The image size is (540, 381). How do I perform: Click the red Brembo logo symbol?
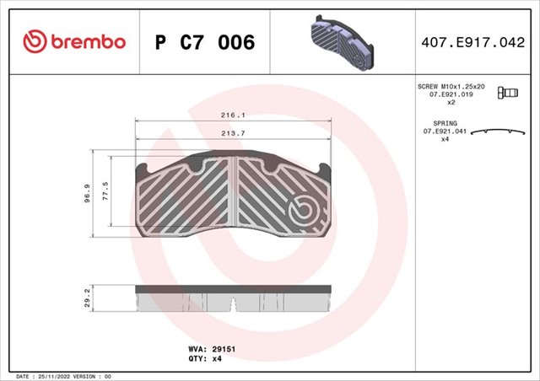35,41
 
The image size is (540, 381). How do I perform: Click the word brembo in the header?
88,41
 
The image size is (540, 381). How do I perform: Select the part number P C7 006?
205,42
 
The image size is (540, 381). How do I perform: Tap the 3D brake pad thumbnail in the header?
343,43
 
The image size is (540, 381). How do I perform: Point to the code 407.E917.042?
472,42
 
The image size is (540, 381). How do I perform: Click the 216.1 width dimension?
233,115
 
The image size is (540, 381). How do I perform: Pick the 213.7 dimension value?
233,133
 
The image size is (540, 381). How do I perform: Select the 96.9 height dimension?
88,193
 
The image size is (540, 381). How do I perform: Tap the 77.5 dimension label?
105,191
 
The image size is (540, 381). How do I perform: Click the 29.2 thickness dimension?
87,298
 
